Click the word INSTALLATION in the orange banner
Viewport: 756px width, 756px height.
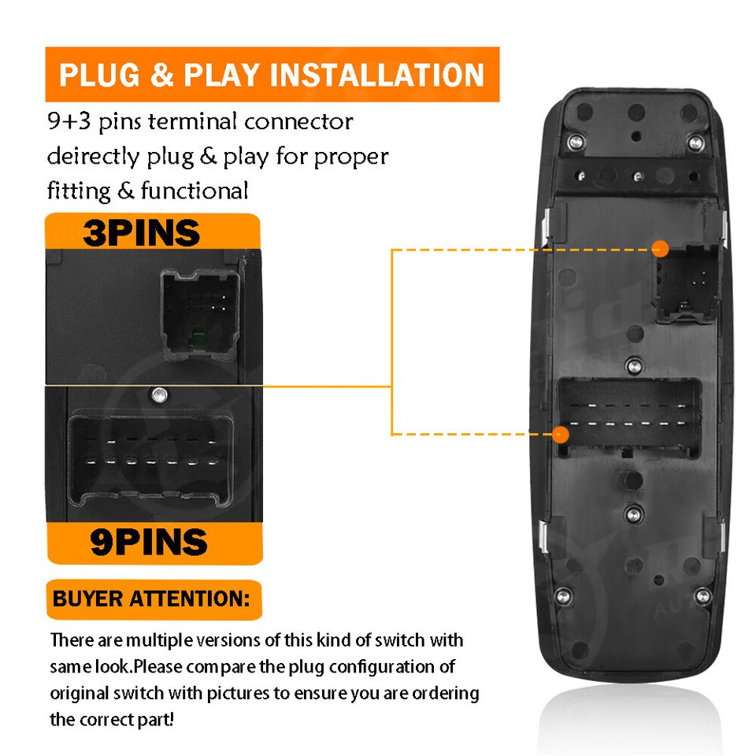pos(376,75)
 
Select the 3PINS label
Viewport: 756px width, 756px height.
pos(141,233)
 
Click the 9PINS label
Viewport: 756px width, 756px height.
pos(149,542)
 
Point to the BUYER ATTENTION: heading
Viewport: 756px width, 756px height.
pos(151,598)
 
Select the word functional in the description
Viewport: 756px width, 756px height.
pos(195,191)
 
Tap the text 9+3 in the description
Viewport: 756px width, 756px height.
pos(69,121)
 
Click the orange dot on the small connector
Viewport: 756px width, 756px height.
pos(660,249)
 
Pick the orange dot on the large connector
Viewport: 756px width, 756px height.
pos(560,435)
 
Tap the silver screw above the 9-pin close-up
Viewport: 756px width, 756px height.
pos(159,395)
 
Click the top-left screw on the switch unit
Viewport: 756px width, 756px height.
pos(575,142)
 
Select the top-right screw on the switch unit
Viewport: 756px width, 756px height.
pos(695,143)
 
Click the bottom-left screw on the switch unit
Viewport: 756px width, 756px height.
pos(563,595)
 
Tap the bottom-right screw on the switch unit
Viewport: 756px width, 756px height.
pos(702,595)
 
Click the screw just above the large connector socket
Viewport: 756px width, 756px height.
pos(635,366)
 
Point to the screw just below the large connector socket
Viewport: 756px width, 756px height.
pos(633,514)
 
